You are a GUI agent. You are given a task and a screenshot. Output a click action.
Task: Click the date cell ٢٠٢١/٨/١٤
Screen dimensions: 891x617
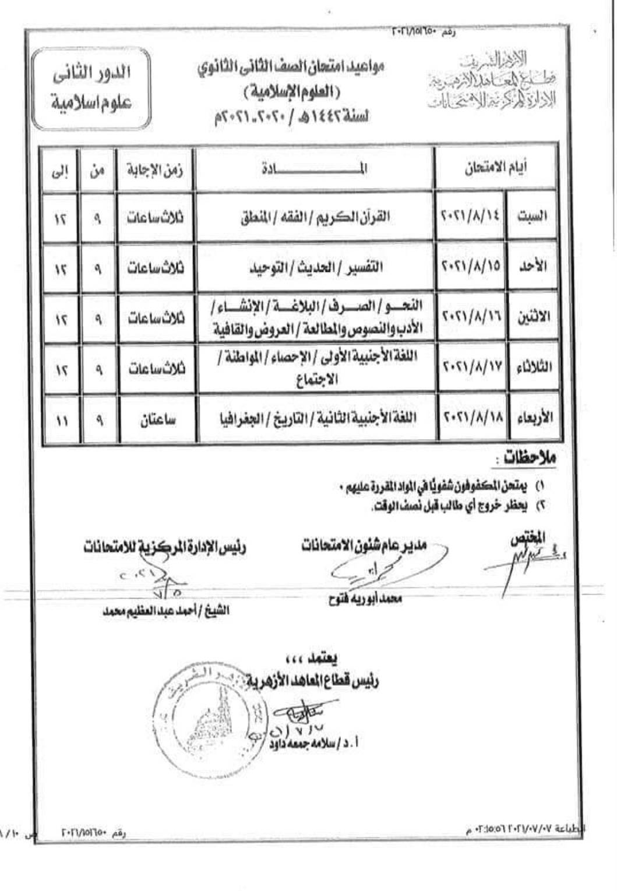471,217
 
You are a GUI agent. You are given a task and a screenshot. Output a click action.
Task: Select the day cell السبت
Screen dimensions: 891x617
532,217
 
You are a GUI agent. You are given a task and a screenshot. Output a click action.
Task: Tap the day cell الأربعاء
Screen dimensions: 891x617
532,418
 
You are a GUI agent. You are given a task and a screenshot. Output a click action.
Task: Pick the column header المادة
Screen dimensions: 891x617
314,169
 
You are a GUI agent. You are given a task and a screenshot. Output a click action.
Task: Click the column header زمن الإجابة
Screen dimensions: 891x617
155,169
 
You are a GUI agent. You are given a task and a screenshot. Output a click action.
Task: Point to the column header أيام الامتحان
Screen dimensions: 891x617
496,168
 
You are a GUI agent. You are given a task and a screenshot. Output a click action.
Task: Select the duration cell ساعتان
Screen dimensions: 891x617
155,419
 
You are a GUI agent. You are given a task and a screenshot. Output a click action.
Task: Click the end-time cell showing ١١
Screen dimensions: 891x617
61,419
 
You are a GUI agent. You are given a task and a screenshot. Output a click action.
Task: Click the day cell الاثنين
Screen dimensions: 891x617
532,317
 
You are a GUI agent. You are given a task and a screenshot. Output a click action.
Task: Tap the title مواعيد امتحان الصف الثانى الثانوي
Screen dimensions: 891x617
290,67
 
